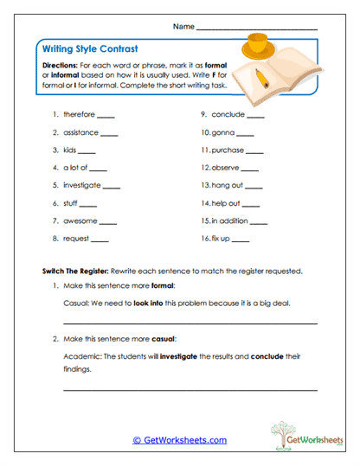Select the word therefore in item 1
click(x=79, y=114)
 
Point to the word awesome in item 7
click(x=79, y=220)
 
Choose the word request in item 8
click(x=76, y=239)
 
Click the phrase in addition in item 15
click(x=232, y=220)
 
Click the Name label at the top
click(x=183, y=28)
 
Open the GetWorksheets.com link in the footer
click(x=180, y=440)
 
